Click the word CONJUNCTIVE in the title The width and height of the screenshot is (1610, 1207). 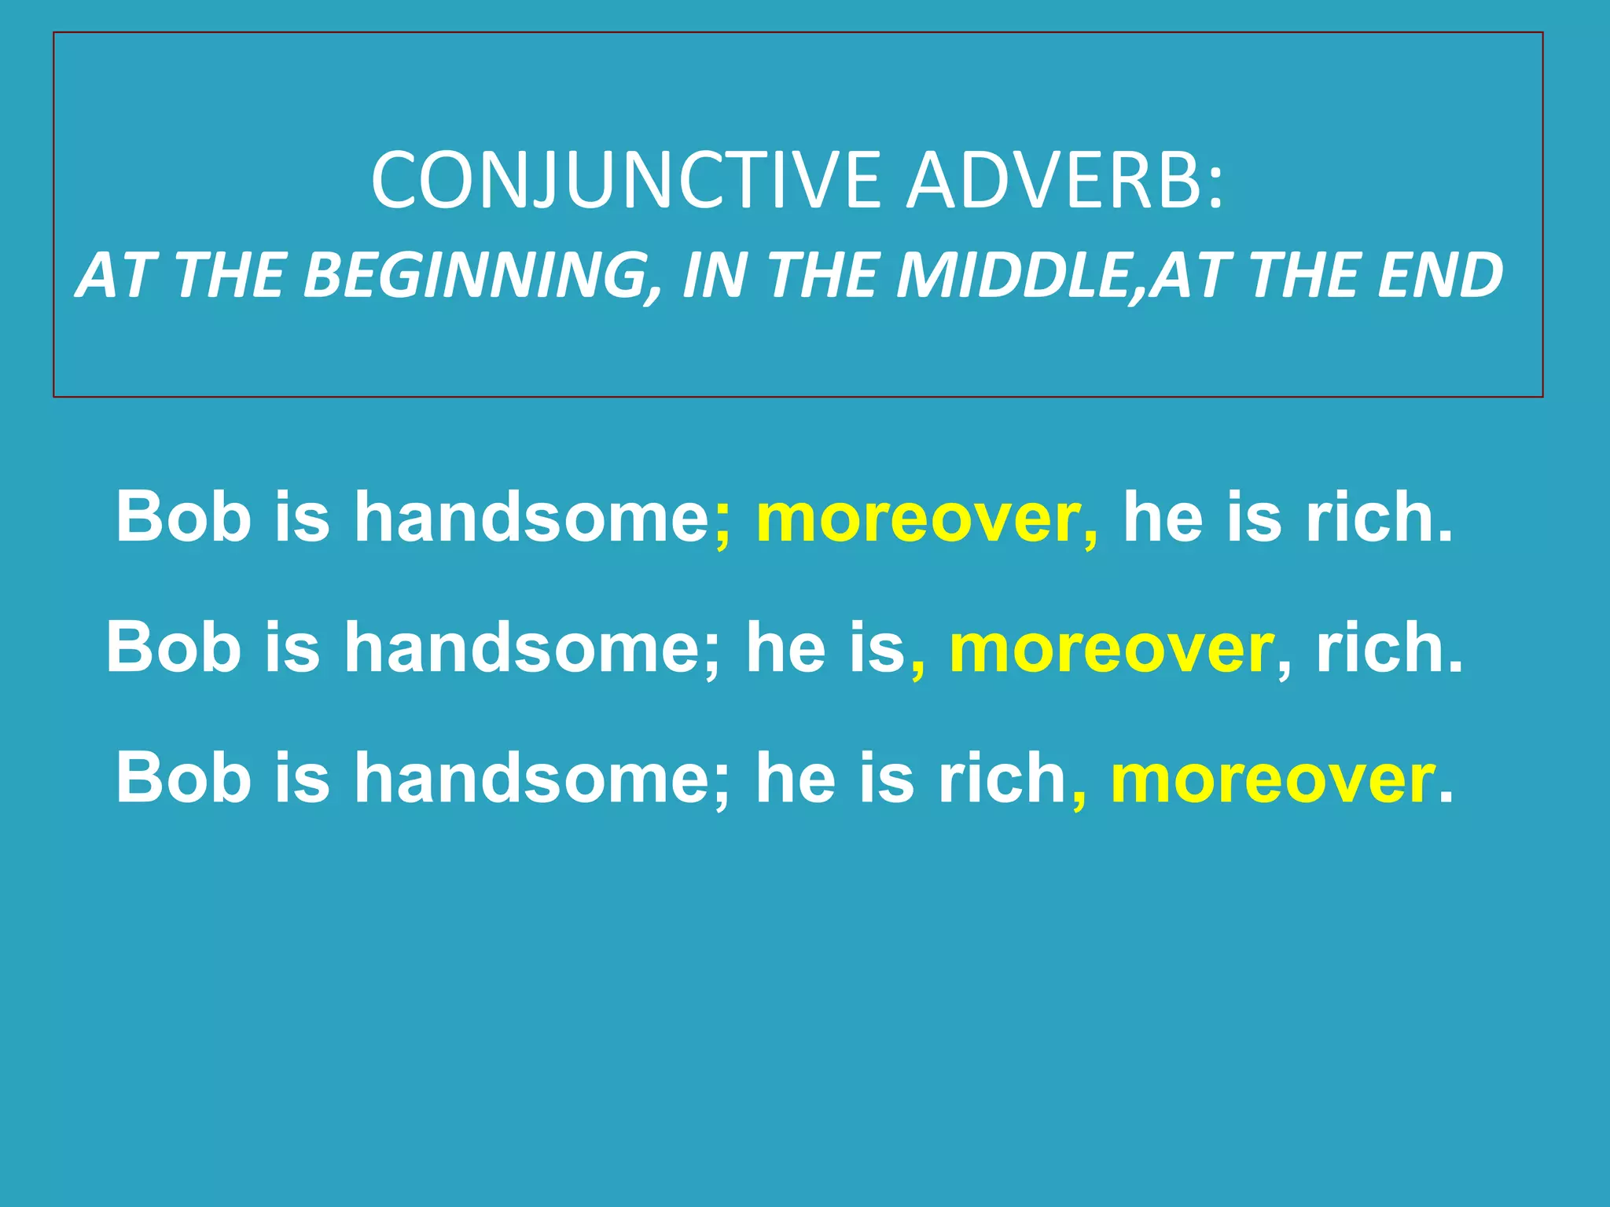(626, 181)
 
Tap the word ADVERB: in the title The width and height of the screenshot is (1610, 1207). (1065, 181)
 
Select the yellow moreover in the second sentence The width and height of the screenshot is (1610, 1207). (1112, 649)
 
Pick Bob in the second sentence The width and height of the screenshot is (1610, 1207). (174, 648)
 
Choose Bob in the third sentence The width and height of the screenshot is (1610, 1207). (183, 777)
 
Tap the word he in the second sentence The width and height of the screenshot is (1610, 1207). (785, 648)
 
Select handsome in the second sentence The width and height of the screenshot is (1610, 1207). (524, 648)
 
